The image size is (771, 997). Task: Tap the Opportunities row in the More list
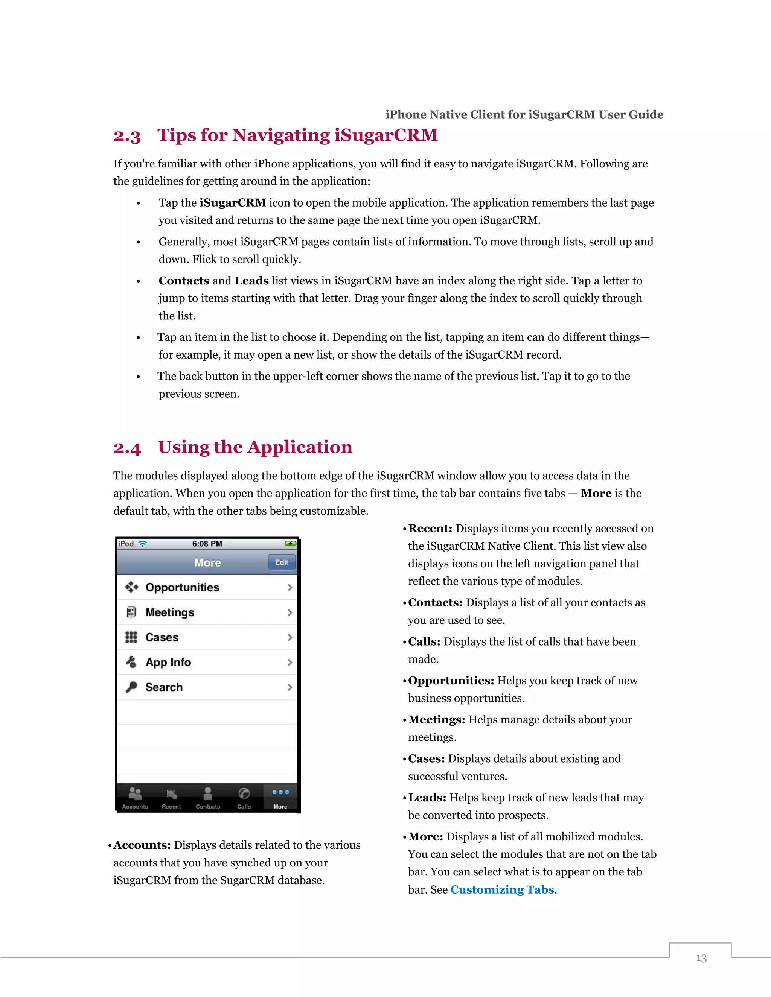pos(183,588)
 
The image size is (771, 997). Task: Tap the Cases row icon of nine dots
pos(131,637)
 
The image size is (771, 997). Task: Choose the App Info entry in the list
pos(168,663)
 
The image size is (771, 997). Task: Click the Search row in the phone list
pos(164,687)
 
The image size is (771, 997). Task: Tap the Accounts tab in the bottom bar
pos(135,798)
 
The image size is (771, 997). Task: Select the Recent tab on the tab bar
pos(171,798)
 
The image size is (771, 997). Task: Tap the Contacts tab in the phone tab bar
pos(208,798)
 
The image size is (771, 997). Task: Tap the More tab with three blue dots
pos(280,797)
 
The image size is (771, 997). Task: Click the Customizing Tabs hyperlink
pos(502,890)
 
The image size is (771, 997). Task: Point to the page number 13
pos(701,958)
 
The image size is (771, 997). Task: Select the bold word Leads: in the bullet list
pos(427,798)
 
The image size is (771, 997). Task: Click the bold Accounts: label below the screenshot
pos(142,845)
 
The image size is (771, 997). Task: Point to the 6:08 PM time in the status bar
pos(207,544)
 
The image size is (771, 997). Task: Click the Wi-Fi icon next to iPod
pos(143,544)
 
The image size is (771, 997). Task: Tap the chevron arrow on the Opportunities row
pos(290,588)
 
